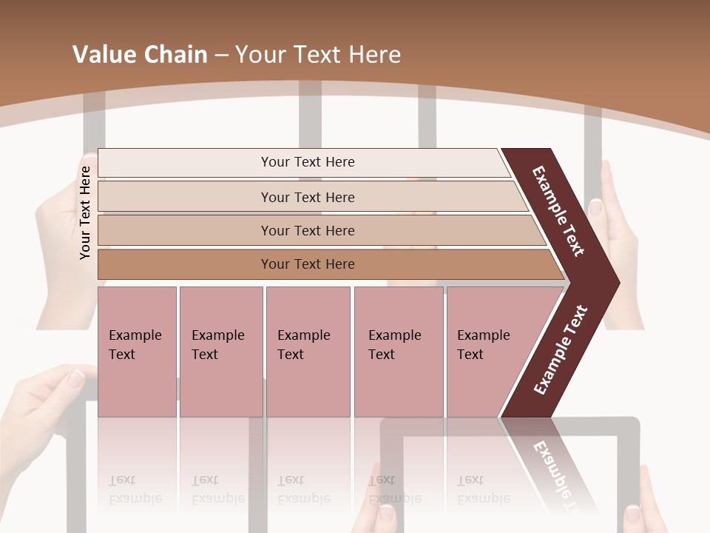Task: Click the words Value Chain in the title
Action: [140, 55]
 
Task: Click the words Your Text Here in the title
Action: [318, 55]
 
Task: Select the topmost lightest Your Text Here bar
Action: [308, 162]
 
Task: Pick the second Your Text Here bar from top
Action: [308, 197]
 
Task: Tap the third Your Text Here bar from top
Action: [308, 230]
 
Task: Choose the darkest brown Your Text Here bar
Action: [308, 264]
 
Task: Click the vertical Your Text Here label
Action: [86, 212]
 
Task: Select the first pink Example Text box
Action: [137, 351]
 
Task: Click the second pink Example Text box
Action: [220, 351]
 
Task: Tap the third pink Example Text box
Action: [307, 351]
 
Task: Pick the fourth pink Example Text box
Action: [398, 351]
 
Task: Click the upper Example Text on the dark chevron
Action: [558, 211]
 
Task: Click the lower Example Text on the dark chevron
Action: [561, 349]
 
